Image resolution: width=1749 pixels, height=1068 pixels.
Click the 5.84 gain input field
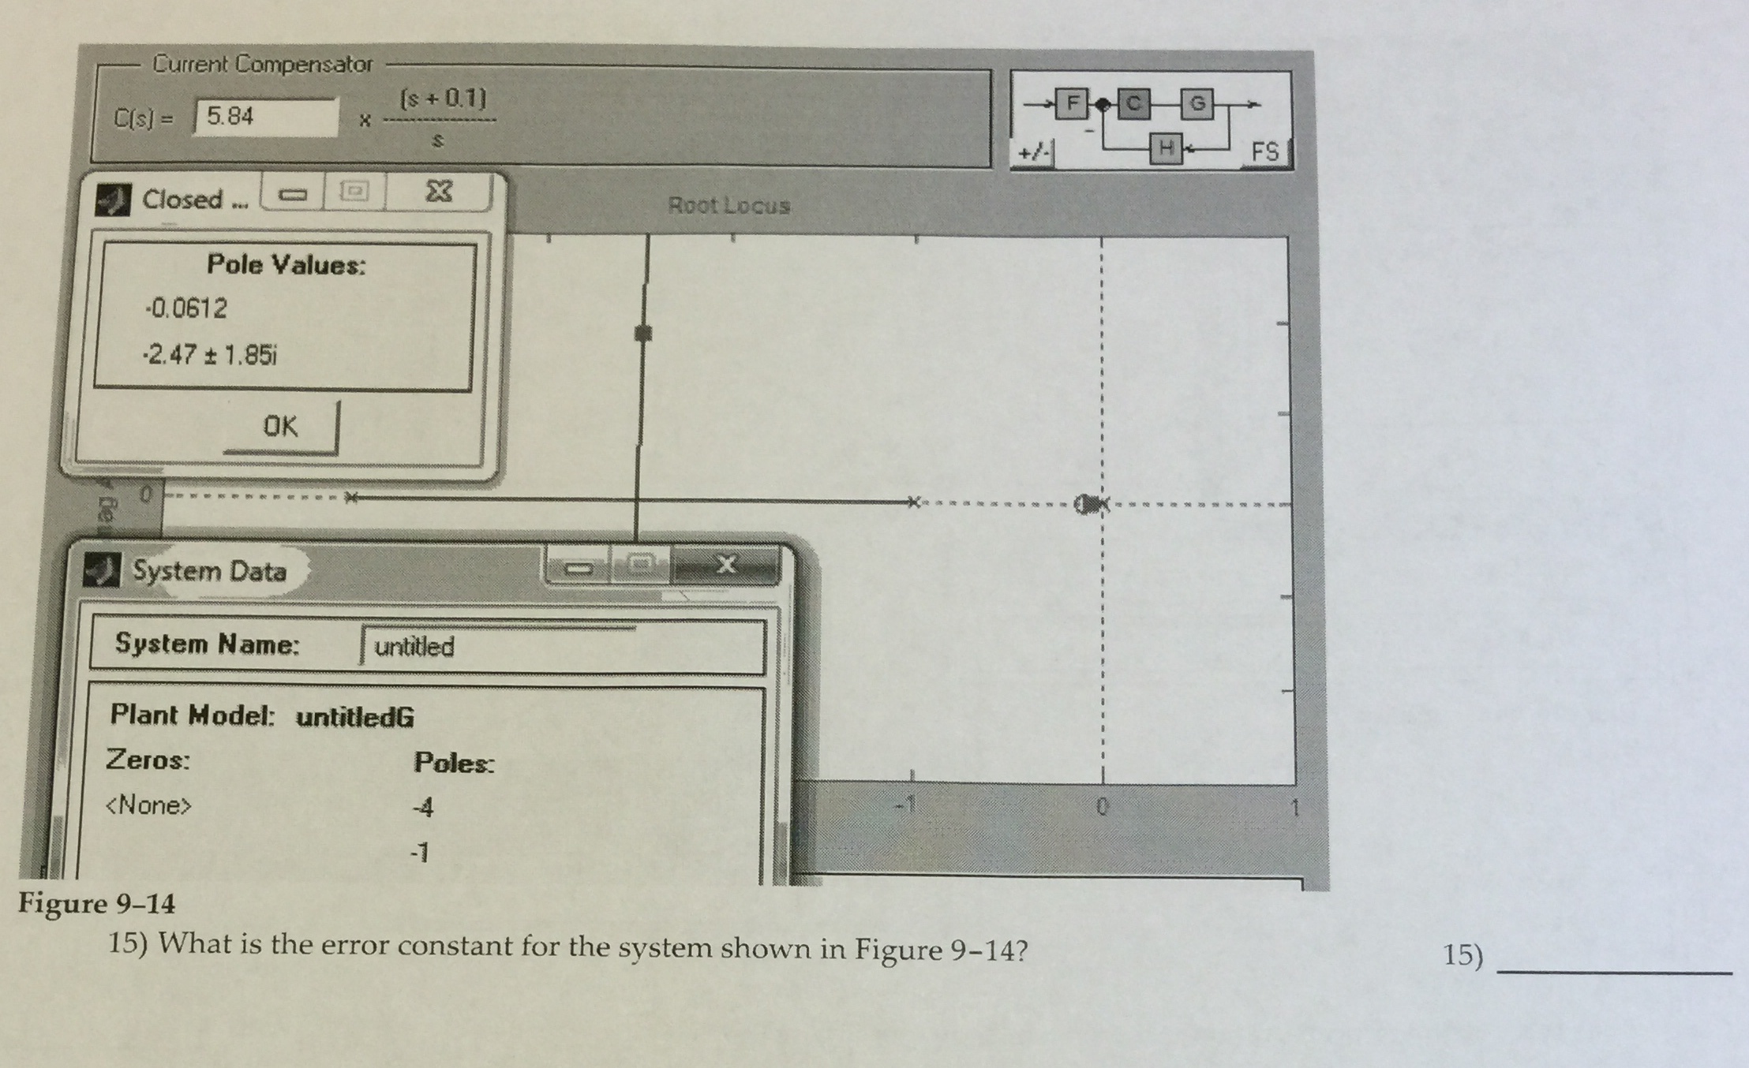tap(265, 118)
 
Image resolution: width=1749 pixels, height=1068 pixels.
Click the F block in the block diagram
tap(1071, 103)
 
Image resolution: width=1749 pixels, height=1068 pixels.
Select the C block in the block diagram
tap(1133, 103)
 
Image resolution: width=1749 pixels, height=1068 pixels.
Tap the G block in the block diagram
tap(1197, 103)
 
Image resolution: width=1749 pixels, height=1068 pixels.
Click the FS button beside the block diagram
tap(1264, 151)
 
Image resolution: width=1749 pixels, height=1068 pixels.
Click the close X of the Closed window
tap(439, 192)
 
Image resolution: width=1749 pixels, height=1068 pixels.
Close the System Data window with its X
tap(726, 564)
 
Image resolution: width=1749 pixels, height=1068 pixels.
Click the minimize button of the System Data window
tap(579, 567)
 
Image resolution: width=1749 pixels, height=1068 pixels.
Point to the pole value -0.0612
tap(186, 308)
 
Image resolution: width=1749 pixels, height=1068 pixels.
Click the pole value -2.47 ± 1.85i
tap(210, 355)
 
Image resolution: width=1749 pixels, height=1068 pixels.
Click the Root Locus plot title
tap(728, 206)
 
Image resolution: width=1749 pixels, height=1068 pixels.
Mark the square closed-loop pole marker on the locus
tap(643, 334)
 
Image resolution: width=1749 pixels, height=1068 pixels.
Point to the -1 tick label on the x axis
tap(908, 805)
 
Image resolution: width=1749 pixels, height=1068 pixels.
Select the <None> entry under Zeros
tap(148, 805)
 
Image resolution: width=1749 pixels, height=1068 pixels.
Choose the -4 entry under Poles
tap(423, 808)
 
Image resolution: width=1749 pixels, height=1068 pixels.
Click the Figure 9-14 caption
tap(96, 903)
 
